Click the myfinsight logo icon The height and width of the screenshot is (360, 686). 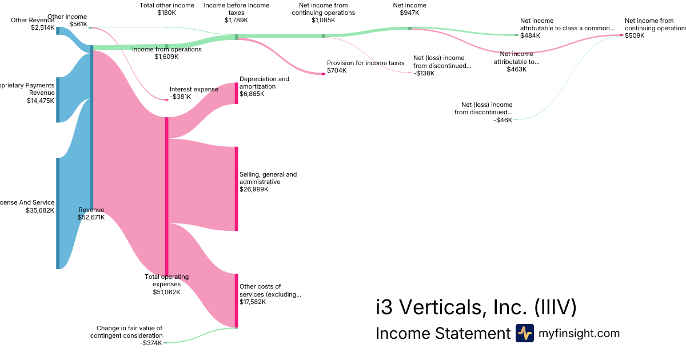pyautogui.click(x=524, y=333)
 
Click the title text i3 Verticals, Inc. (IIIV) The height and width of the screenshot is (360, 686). pyautogui.click(x=476, y=307)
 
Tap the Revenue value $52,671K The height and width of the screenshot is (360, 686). pyautogui.click(x=91, y=217)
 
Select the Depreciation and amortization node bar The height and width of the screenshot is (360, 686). pyautogui.click(x=236, y=93)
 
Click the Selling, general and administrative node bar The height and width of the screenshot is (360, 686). pyautogui.click(x=236, y=189)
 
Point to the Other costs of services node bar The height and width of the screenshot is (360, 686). pyautogui.click(x=236, y=301)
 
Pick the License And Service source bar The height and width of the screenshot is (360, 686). pyautogui.click(x=57, y=213)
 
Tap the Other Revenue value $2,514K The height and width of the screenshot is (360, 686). pyautogui.click(x=43, y=27)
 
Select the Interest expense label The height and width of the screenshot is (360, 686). pyautogui.click(x=194, y=89)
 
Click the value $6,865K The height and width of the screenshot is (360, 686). pyautogui.click(x=252, y=94)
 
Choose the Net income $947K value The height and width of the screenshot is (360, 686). pyautogui.click(x=409, y=13)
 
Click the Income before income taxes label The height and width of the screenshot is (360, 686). pyautogui.click(x=236, y=9)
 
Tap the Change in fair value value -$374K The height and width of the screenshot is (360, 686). pyautogui.click(x=151, y=343)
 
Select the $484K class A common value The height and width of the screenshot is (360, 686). pyautogui.click(x=530, y=35)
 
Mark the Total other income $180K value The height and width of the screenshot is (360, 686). pyautogui.click(x=166, y=13)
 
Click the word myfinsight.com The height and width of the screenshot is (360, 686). pyautogui.click(x=579, y=333)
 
